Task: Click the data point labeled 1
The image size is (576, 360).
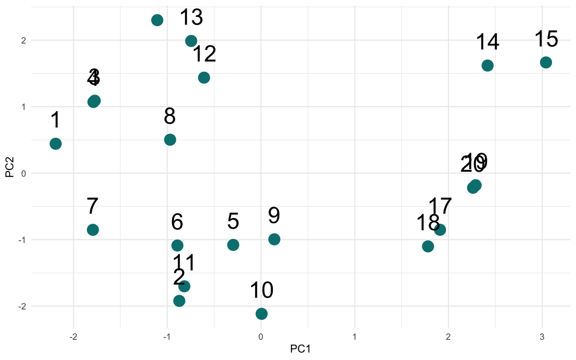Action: click(55, 144)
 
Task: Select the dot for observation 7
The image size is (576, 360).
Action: click(93, 229)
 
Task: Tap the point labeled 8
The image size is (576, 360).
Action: click(170, 140)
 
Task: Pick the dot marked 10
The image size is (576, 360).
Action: click(261, 313)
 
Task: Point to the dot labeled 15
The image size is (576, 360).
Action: click(546, 62)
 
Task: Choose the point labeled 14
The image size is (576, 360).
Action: click(487, 66)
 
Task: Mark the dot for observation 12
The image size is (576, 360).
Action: click(204, 78)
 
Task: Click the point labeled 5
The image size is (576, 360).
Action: click(233, 245)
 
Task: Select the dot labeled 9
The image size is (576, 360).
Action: click(274, 239)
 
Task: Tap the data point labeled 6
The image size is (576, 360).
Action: click(177, 246)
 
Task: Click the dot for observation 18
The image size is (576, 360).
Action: click(428, 246)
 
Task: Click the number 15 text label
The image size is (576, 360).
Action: click(546, 39)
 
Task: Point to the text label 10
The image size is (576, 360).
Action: click(261, 290)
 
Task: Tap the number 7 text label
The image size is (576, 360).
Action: click(92, 206)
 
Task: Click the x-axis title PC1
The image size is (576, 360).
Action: click(300, 349)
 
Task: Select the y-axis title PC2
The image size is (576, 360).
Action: click(9, 167)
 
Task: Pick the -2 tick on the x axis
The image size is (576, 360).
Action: click(73, 337)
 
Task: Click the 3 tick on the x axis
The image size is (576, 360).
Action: click(542, 337)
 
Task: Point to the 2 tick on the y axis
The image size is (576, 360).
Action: click(24, 40)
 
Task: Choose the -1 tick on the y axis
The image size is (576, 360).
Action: click(22, 240)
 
